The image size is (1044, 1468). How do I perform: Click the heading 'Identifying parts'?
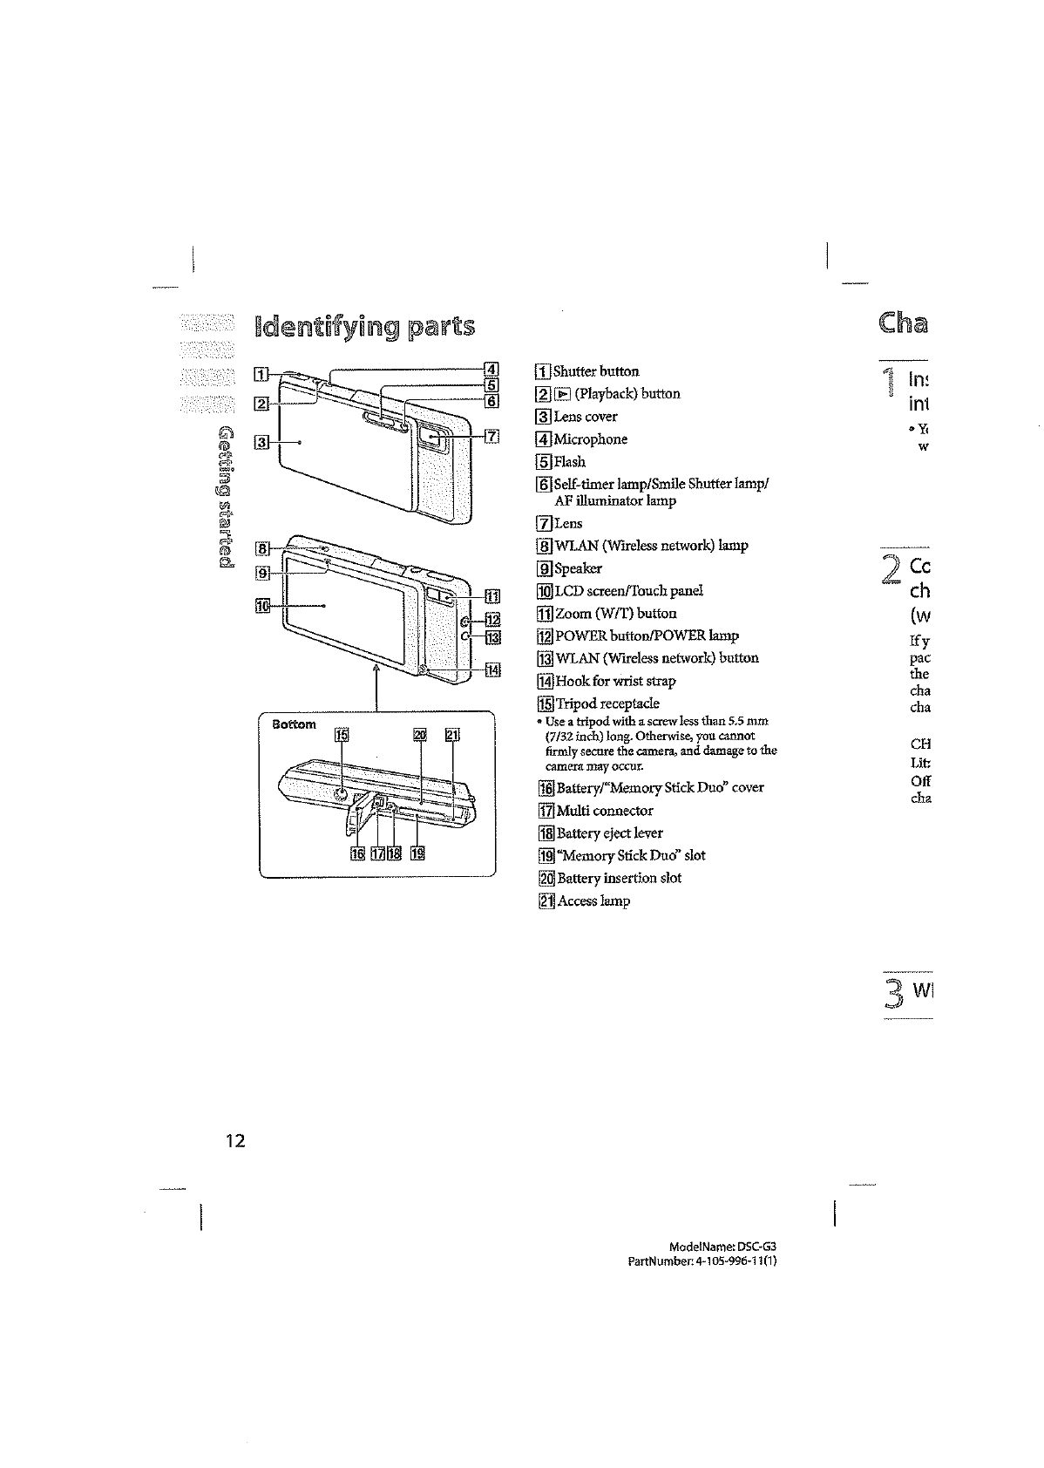pyautogui.click(x=363, y=326)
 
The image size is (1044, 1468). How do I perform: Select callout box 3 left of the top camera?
pyautogui.click(x=259, y=442)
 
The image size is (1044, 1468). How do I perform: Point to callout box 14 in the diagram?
pyautogui.click(x=492, y=670)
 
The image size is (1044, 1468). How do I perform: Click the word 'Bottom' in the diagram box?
pyautogui.click(x=293, y=724)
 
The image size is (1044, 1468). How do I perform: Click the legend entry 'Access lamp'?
pyautogui.click(x=593, y=901)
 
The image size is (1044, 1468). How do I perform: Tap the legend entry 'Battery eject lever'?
pyautogui.click(x=609, y=833)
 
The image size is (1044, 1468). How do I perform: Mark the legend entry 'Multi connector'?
pyautogui.click(x=604, y=811)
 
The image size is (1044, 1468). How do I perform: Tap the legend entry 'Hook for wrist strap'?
pyautogui.click(x=615, y=681)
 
